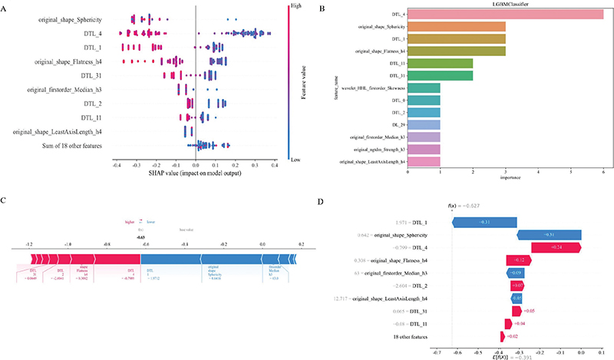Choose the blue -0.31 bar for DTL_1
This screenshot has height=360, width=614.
coord(484,222)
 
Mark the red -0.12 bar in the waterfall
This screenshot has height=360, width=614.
coord(517,260)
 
